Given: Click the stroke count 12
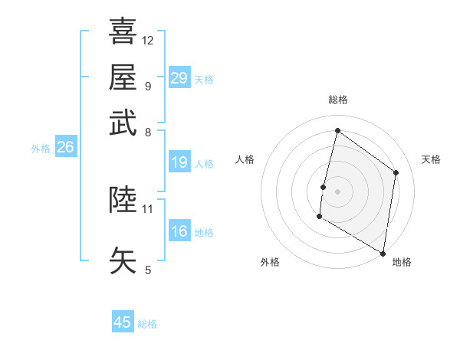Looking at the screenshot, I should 148,40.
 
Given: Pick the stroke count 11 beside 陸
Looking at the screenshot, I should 148,208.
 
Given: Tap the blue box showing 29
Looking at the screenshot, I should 179,78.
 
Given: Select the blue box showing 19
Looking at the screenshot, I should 179,162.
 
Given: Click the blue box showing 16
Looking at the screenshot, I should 179,231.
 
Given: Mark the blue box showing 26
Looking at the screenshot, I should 65,148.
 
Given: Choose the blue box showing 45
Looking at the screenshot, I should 123,322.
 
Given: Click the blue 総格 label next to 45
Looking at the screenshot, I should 147,324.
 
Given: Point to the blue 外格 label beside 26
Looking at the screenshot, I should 41,149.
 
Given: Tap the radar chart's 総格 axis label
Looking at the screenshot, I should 337,100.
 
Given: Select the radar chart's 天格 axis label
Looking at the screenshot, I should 431,159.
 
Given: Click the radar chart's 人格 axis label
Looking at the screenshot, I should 245,159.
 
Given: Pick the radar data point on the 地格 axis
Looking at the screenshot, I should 383,253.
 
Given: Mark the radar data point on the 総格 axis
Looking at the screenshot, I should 337,131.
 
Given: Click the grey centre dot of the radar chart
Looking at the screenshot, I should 337,191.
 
